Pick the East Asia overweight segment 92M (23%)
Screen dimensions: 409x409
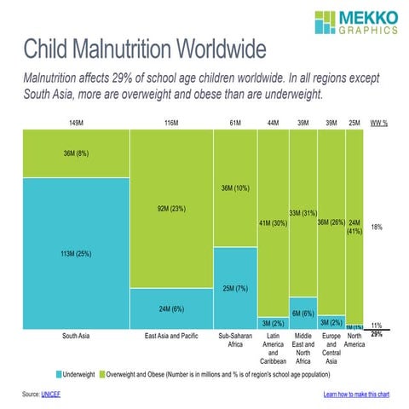[x=171, y=209]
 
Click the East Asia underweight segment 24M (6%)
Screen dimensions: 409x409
[x=171, y=308]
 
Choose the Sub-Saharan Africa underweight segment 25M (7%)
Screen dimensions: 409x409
[x=235, y=288]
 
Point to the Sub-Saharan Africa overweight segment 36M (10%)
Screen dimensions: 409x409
[x=235, y=188]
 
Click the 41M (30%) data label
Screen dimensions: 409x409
[x=273, y=223]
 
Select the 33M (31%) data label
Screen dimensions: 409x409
[x=302, y=213]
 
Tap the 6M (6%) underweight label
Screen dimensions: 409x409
[x=302, y=314]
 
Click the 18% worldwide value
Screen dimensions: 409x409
[x=377, y=228]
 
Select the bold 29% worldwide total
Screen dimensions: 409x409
[x=377, y=335]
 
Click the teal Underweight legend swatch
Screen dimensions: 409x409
[x=59, y=374]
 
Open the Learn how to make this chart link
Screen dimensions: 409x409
[x=356, y=395]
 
